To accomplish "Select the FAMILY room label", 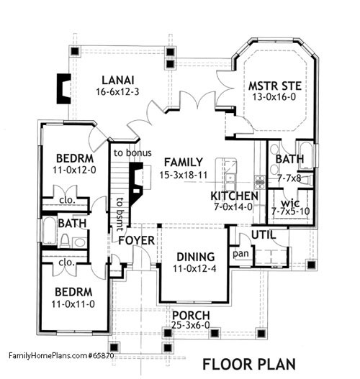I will [x=181, y=163].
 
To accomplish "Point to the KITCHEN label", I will [x=234, y=196].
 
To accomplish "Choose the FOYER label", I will [x=136, y=239].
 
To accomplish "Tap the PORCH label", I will [x=191, y=316].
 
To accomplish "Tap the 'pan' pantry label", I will [x=241, y=255].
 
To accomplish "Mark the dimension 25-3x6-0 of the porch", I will [x=191, y=327].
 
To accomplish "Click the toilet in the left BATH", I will [x=64, y=240].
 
